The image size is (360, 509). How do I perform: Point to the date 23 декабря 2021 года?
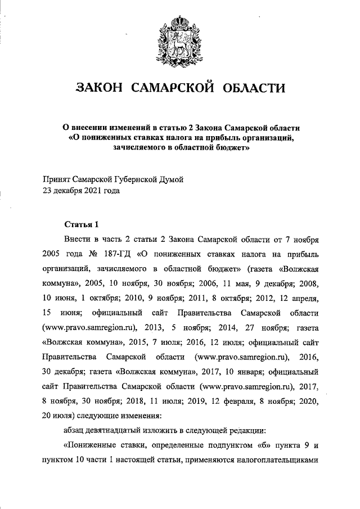coord(81,190)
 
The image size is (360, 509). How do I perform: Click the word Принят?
coord(57,179)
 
